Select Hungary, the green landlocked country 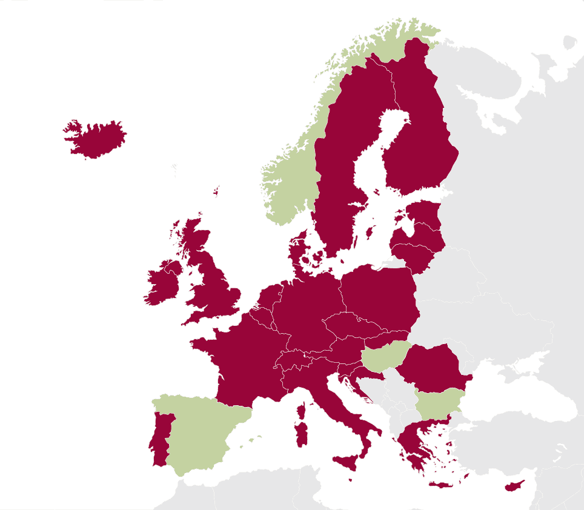click(385, 357)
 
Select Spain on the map click(200, 430)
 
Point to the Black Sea click(521, 388)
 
